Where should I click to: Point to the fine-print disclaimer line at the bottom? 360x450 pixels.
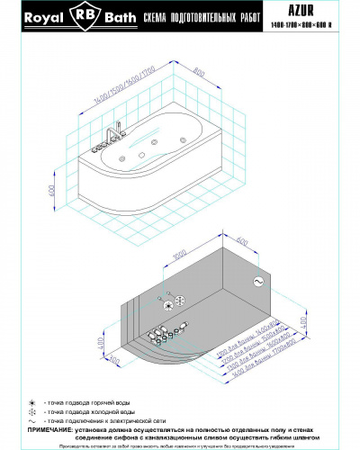tap(180, 445)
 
